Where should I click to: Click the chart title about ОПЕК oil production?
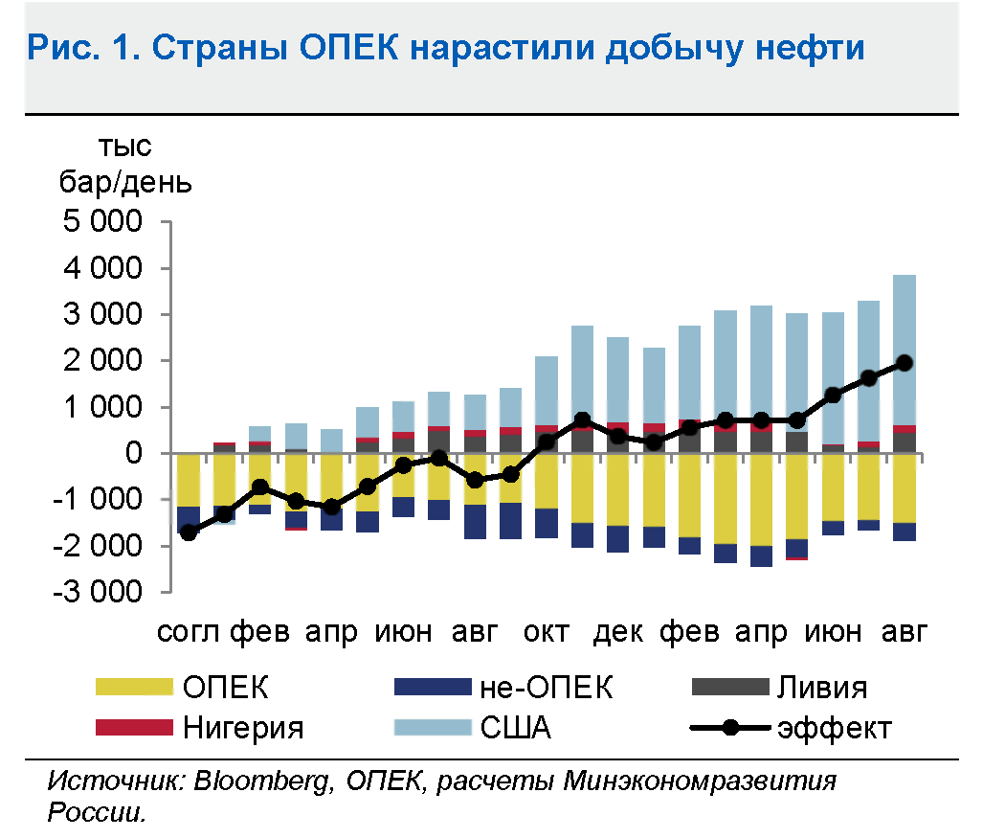point(446,47)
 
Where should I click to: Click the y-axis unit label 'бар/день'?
point(124,182)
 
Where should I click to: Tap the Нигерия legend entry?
point(242,728)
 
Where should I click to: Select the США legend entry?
point(515,728)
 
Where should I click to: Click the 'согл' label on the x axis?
point(189,633)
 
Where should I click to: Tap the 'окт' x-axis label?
point(547,633)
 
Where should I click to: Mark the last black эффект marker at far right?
point(905,363)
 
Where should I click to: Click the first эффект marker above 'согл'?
point(189,532)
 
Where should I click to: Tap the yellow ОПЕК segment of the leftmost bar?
point(189,479)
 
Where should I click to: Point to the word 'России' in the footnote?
point(96,813)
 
